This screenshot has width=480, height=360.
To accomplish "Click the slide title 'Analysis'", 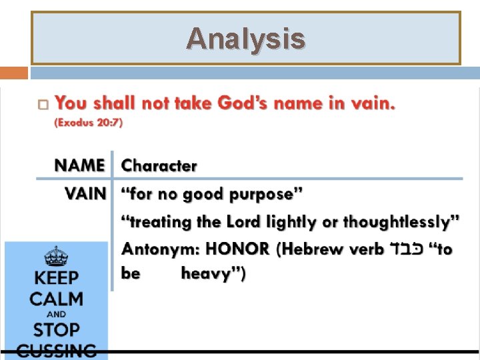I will pos(245,39).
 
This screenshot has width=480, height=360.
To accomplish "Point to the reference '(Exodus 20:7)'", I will pos(89,123).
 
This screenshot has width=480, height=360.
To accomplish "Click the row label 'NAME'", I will pos(80,165).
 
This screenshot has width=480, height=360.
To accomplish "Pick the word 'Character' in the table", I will pos(159,166).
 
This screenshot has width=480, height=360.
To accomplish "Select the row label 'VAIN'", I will pos(85,195).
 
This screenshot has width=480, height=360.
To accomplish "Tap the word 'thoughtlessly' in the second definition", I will pos(398,222).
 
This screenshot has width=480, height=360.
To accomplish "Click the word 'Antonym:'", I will pos(160,249).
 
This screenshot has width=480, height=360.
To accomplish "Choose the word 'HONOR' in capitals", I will pos(237,249).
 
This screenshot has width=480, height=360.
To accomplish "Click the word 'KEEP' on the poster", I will pos(56,278).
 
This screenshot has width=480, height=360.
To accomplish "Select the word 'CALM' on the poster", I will pos(56,298).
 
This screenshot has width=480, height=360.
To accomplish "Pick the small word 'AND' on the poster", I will pos(56,314).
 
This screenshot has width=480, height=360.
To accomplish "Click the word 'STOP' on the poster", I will pos(56,329).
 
